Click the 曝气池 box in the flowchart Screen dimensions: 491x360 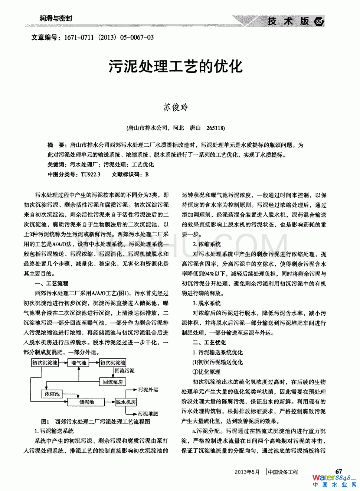pyautogui.click(x=79, y=362)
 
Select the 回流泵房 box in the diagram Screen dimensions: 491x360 pyautogui.click(x=113, y=382)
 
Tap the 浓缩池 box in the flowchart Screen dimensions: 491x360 pyautogui.click(x=52, y=394)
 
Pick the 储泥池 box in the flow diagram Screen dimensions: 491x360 pyautogui.click(x=86, y=402)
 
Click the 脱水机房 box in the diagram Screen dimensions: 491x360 pyautogui.click(x=126, y=402)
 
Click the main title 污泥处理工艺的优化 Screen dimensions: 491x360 pyautogui.click(x=176, y=66)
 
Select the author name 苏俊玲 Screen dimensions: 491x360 pyautogui.click(x=176, y=107)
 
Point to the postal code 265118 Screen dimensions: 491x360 pyautogui.click(x=215, y=128)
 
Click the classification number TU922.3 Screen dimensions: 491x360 pyautogui.click(x=91, y=174)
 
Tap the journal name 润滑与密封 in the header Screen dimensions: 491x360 pyautogui.click(x=56, y=18)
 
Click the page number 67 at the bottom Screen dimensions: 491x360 pyautogui.click(x=338, y=471)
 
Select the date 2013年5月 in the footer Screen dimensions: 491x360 pyautogui.click(x=247, y=472)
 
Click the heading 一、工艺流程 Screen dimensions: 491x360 pyautogui.click(x=52, y=283)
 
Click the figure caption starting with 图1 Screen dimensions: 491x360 pyautogui.click(x=95, y=422)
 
